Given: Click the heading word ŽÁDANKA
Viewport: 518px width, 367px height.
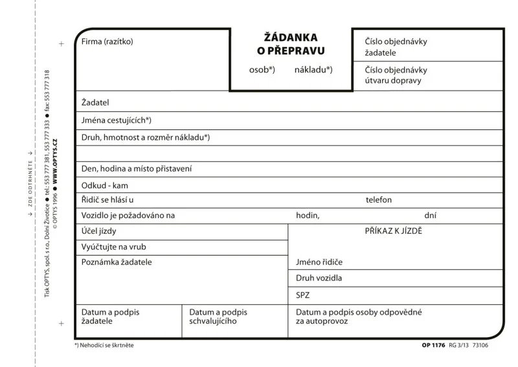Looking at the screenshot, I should pos(291,38).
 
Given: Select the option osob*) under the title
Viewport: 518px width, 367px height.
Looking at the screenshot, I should pos(262,70).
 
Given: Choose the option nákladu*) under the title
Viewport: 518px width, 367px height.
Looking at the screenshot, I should pos(313,70).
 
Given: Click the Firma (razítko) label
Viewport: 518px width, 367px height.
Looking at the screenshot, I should pos(107,42).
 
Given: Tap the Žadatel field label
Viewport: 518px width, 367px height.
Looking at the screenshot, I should pos(95,102).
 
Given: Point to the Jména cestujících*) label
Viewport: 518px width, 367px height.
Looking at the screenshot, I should pos(117,120).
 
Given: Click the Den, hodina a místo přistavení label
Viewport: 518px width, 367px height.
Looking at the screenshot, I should pos(137,168).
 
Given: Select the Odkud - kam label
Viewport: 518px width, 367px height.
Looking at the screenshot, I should pos(105,185).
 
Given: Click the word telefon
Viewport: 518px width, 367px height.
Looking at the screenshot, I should pos(378,200).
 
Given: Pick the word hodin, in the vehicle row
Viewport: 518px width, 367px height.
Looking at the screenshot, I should pos(308,216).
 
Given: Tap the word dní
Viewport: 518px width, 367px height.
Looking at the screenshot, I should pos(431,216).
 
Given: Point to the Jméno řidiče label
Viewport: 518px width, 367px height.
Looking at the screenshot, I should pos(319,262).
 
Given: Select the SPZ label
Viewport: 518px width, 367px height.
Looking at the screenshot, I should pos(302,295).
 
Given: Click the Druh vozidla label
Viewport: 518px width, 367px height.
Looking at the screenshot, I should pos(319,278).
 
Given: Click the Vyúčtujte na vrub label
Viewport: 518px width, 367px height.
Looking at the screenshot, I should pos(113,247).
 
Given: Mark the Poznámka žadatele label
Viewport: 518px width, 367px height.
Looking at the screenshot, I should pos(117,262).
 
